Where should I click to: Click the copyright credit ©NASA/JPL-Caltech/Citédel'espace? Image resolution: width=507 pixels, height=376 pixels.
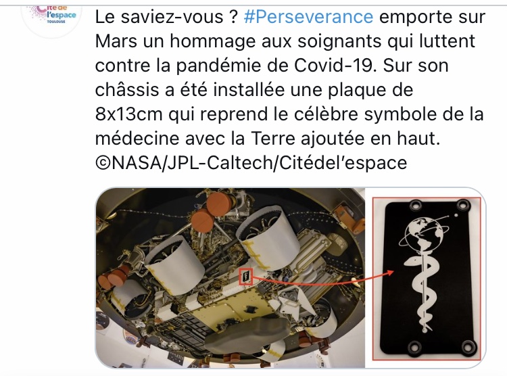[x=251, y=163]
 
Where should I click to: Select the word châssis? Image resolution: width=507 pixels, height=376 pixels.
[x=126, y=90]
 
